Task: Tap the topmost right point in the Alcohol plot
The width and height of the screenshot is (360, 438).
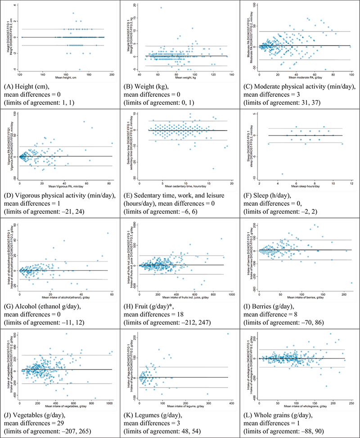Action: pos(108,233)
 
